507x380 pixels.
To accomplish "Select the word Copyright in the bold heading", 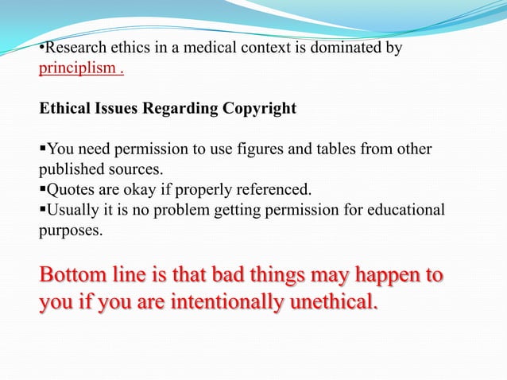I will click(259, 109).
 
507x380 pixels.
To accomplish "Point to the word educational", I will click(406, 209).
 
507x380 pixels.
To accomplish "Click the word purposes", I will click(71, 230).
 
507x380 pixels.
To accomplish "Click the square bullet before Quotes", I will click(43, 190).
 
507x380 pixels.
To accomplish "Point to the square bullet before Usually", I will click(43, 210).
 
